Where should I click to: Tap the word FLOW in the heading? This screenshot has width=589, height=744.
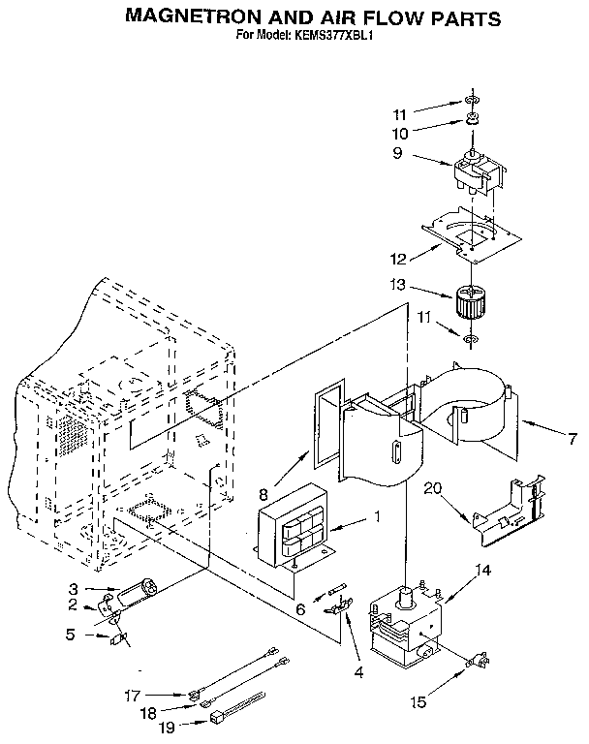pyautogui.click(x=386, y=17)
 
